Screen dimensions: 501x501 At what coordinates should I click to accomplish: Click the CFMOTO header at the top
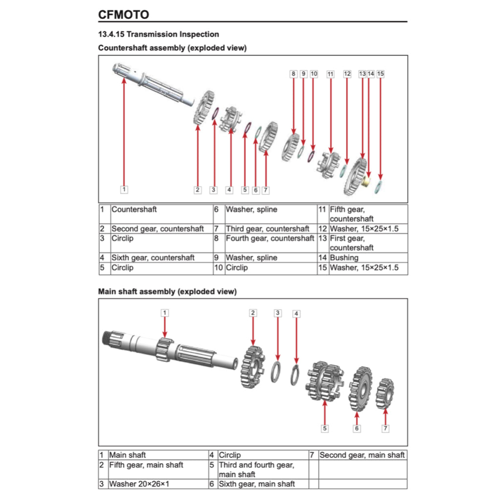pos(123,14)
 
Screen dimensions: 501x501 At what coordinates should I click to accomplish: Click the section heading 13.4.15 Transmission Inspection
pos(159,34)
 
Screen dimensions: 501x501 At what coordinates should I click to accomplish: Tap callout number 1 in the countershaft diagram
pos(124,189)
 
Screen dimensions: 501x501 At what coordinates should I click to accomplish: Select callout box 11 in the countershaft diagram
pos(330,74)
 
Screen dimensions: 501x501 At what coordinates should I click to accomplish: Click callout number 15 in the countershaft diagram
pos(381,74)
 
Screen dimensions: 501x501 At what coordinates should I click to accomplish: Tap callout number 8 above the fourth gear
pos(293,74)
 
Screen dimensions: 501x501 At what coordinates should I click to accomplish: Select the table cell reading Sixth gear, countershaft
pos(153,257)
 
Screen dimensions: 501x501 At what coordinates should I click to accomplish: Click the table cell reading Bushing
pos(344,257)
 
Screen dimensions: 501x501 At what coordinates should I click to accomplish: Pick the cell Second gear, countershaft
pos(158,228)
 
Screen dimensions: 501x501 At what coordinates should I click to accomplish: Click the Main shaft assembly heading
pos(167,292)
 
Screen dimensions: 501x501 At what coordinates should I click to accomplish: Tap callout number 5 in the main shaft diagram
pos(324,428)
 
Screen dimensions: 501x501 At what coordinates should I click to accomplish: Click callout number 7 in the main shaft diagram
pos(386,428)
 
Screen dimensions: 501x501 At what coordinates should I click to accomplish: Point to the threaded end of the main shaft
pos(109,337)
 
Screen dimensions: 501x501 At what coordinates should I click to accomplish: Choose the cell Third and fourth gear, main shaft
pos(256,469)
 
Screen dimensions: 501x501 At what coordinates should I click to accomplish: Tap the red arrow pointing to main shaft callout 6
pos(357,418)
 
